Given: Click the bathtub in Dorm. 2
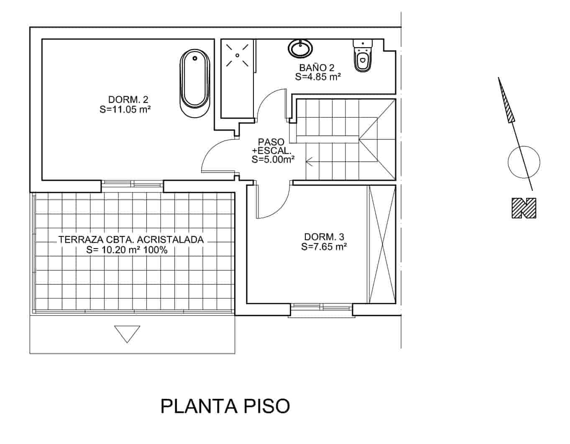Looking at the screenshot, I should point(194,83).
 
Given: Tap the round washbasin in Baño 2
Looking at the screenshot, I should point(299,48).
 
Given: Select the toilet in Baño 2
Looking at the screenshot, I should point(362,56).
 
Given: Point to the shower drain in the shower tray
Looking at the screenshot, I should point(237,55).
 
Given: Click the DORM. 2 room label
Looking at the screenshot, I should point(128,100).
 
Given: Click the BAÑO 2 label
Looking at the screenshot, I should point(317,67).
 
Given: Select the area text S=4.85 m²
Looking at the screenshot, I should point(318,77).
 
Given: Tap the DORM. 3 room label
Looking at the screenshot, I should point(324,237).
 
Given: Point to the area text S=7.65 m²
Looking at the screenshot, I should point(324,247).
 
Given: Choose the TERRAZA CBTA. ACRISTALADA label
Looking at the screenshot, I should point(131,240).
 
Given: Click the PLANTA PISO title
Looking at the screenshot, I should point(225,406).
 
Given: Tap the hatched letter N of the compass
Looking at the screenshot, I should point(524,208).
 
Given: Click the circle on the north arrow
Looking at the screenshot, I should point(524,162).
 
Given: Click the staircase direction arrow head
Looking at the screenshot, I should point(309,160).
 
